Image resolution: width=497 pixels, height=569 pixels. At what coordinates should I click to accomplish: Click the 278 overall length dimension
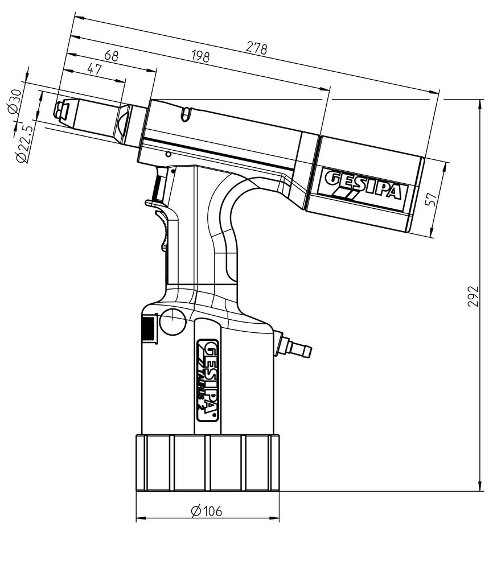click(x=256, y=48)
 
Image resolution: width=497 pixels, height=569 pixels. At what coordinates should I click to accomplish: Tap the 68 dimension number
click(x=112, y=56)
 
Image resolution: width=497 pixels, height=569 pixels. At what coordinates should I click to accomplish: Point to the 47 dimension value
click(x=93, y=69)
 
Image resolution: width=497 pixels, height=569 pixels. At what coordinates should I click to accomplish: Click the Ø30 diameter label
click(x=15, y=102)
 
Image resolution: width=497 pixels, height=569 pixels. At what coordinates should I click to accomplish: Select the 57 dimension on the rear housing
click(x=431, y=199)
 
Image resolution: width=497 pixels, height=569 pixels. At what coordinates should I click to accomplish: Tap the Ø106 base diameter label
click(x=207, y=511)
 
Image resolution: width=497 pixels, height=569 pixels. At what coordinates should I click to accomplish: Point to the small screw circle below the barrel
click(x=168, y=155)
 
